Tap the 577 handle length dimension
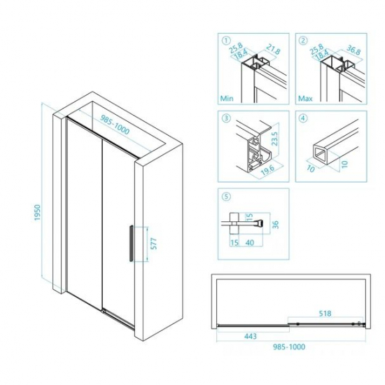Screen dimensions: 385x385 (153, 244)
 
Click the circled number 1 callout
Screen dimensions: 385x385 (225, 40)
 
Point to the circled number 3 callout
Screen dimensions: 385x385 (225, 118)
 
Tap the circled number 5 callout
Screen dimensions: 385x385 (225, 197)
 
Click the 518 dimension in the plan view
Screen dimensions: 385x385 (323, 314)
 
